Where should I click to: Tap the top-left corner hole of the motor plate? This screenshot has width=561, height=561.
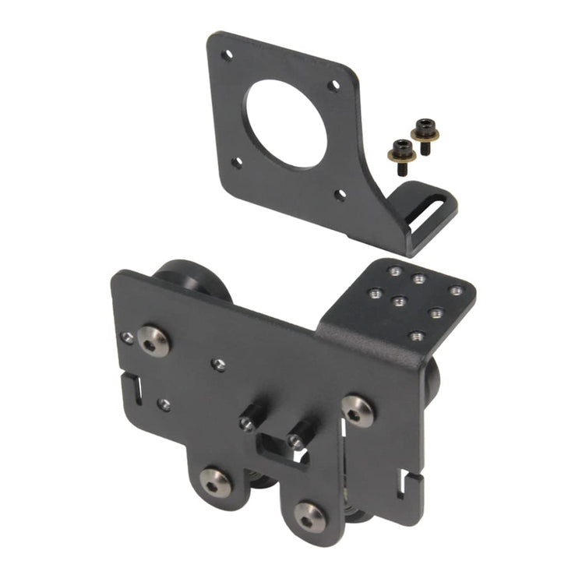[x=227, y=55]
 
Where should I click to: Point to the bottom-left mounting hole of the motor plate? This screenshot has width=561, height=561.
[x=238, y=163]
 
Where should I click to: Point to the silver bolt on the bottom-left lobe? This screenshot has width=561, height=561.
[x=215, y=481]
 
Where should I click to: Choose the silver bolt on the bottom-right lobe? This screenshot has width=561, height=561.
[x=309, y=517]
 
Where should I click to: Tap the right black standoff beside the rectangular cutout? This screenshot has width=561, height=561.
[x=300, y=433]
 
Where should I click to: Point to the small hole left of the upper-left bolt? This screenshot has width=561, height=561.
[x=127, y=337]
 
